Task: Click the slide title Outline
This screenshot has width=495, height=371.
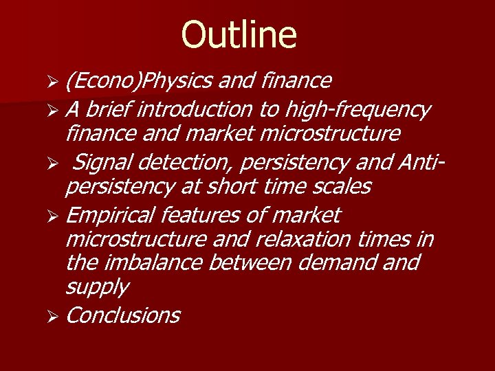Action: pyautogui.click(x=239, y=35)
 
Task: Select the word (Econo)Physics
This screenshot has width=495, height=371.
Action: pyautogui.click(x=140, y=82)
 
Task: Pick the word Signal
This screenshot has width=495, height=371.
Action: pyautogui.click(x=102, y=163)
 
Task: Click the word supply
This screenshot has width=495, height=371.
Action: pyautogui.click(x=96, y=287)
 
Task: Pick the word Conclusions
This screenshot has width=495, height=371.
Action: pyautogui.click(x=123, y=315)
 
